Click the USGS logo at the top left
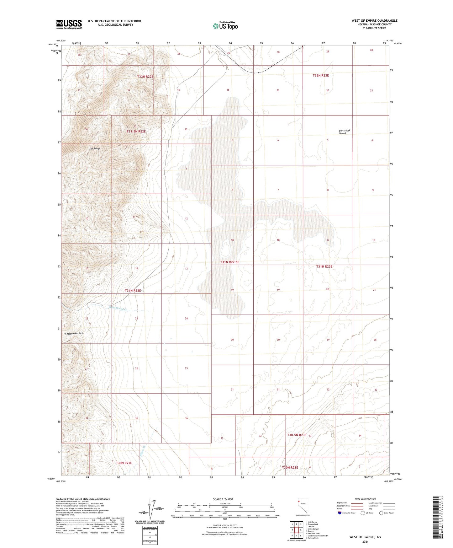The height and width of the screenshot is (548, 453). tap(69, 24)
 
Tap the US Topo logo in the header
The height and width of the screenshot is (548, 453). tap(225, 26)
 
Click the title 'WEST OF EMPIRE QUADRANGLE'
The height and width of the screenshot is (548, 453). tap(374, 21)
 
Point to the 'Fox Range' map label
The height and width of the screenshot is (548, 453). tap(95, 148)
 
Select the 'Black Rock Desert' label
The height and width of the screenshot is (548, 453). tap(345, 132)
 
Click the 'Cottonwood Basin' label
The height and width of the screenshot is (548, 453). tap(75, 333)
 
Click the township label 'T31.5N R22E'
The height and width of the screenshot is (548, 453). tap(136, 132)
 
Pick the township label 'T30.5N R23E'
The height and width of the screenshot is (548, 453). tap(297, 435)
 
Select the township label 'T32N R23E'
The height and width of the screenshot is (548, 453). tap(322, 76)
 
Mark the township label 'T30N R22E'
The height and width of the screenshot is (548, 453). tap(124, 463)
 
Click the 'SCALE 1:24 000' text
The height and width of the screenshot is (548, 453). tap(223, 499)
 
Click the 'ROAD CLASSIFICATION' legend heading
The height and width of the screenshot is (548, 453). tap(365, 499)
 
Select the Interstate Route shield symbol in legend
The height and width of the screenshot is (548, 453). tap(340, 513)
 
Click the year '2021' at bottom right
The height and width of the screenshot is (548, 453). tap(365, 541)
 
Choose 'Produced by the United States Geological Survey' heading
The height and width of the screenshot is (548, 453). tap(83, 499)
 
